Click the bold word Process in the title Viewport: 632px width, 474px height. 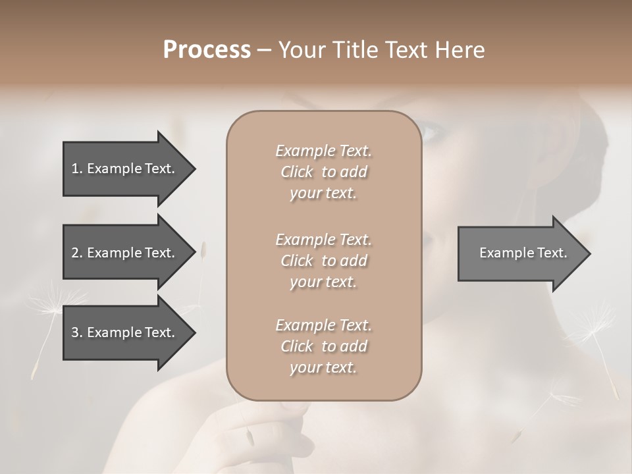pos(207,50)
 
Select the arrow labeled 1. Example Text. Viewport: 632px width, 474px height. pos(125,169)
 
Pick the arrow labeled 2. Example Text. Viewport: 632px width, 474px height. pos(125,253)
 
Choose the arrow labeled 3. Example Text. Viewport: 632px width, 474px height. pos(125,332)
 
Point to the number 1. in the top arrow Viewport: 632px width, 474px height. pos(76,169)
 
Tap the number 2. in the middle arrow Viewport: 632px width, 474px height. pos(76,253)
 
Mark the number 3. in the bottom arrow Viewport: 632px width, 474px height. pos(76,332)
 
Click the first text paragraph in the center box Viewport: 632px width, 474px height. pos(323,172)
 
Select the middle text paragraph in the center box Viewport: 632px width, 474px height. pos(323,261)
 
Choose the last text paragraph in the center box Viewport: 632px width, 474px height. pos(323,346)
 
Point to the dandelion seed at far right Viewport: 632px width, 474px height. pos(599,329)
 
